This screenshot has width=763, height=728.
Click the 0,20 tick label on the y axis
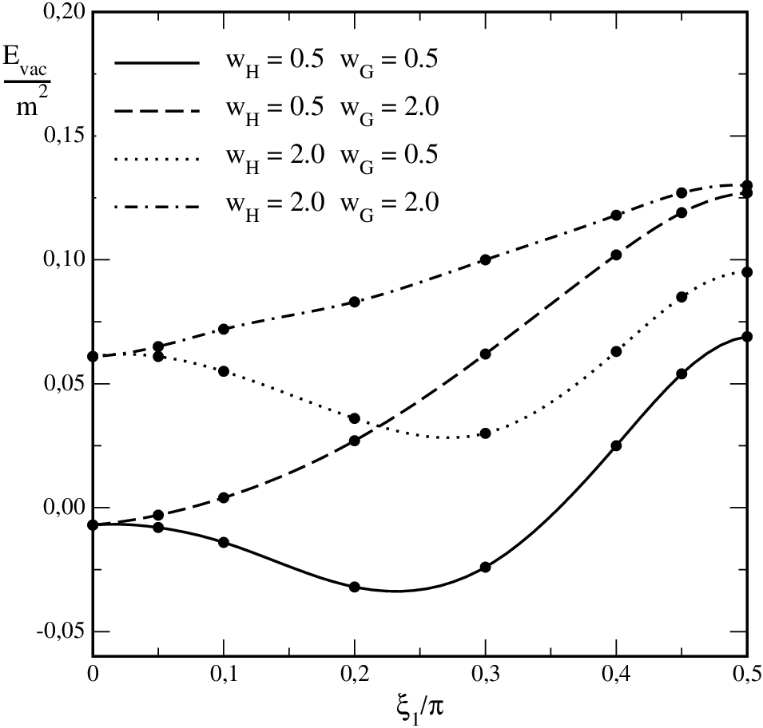63,11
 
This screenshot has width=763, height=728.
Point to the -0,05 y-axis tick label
60,631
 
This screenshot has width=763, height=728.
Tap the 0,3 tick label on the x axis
485,675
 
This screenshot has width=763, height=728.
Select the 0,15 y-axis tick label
63,135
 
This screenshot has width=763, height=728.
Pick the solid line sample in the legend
157,63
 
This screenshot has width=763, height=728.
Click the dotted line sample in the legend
157,159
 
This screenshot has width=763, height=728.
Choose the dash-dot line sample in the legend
157,206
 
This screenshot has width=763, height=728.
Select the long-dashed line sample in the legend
157,111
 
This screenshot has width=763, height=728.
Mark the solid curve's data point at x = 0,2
355,587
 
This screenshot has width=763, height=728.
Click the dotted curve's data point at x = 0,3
485,433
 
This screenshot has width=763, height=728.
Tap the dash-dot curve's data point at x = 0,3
485,259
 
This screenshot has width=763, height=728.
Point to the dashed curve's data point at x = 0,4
616,255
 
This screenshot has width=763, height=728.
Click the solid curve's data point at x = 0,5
747,336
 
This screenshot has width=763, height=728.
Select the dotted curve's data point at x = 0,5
747,272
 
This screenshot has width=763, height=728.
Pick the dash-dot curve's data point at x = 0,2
355,302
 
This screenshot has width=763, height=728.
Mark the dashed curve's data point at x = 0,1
224,497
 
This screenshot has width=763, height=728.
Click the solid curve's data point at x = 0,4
616,445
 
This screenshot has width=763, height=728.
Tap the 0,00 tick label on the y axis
63,507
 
